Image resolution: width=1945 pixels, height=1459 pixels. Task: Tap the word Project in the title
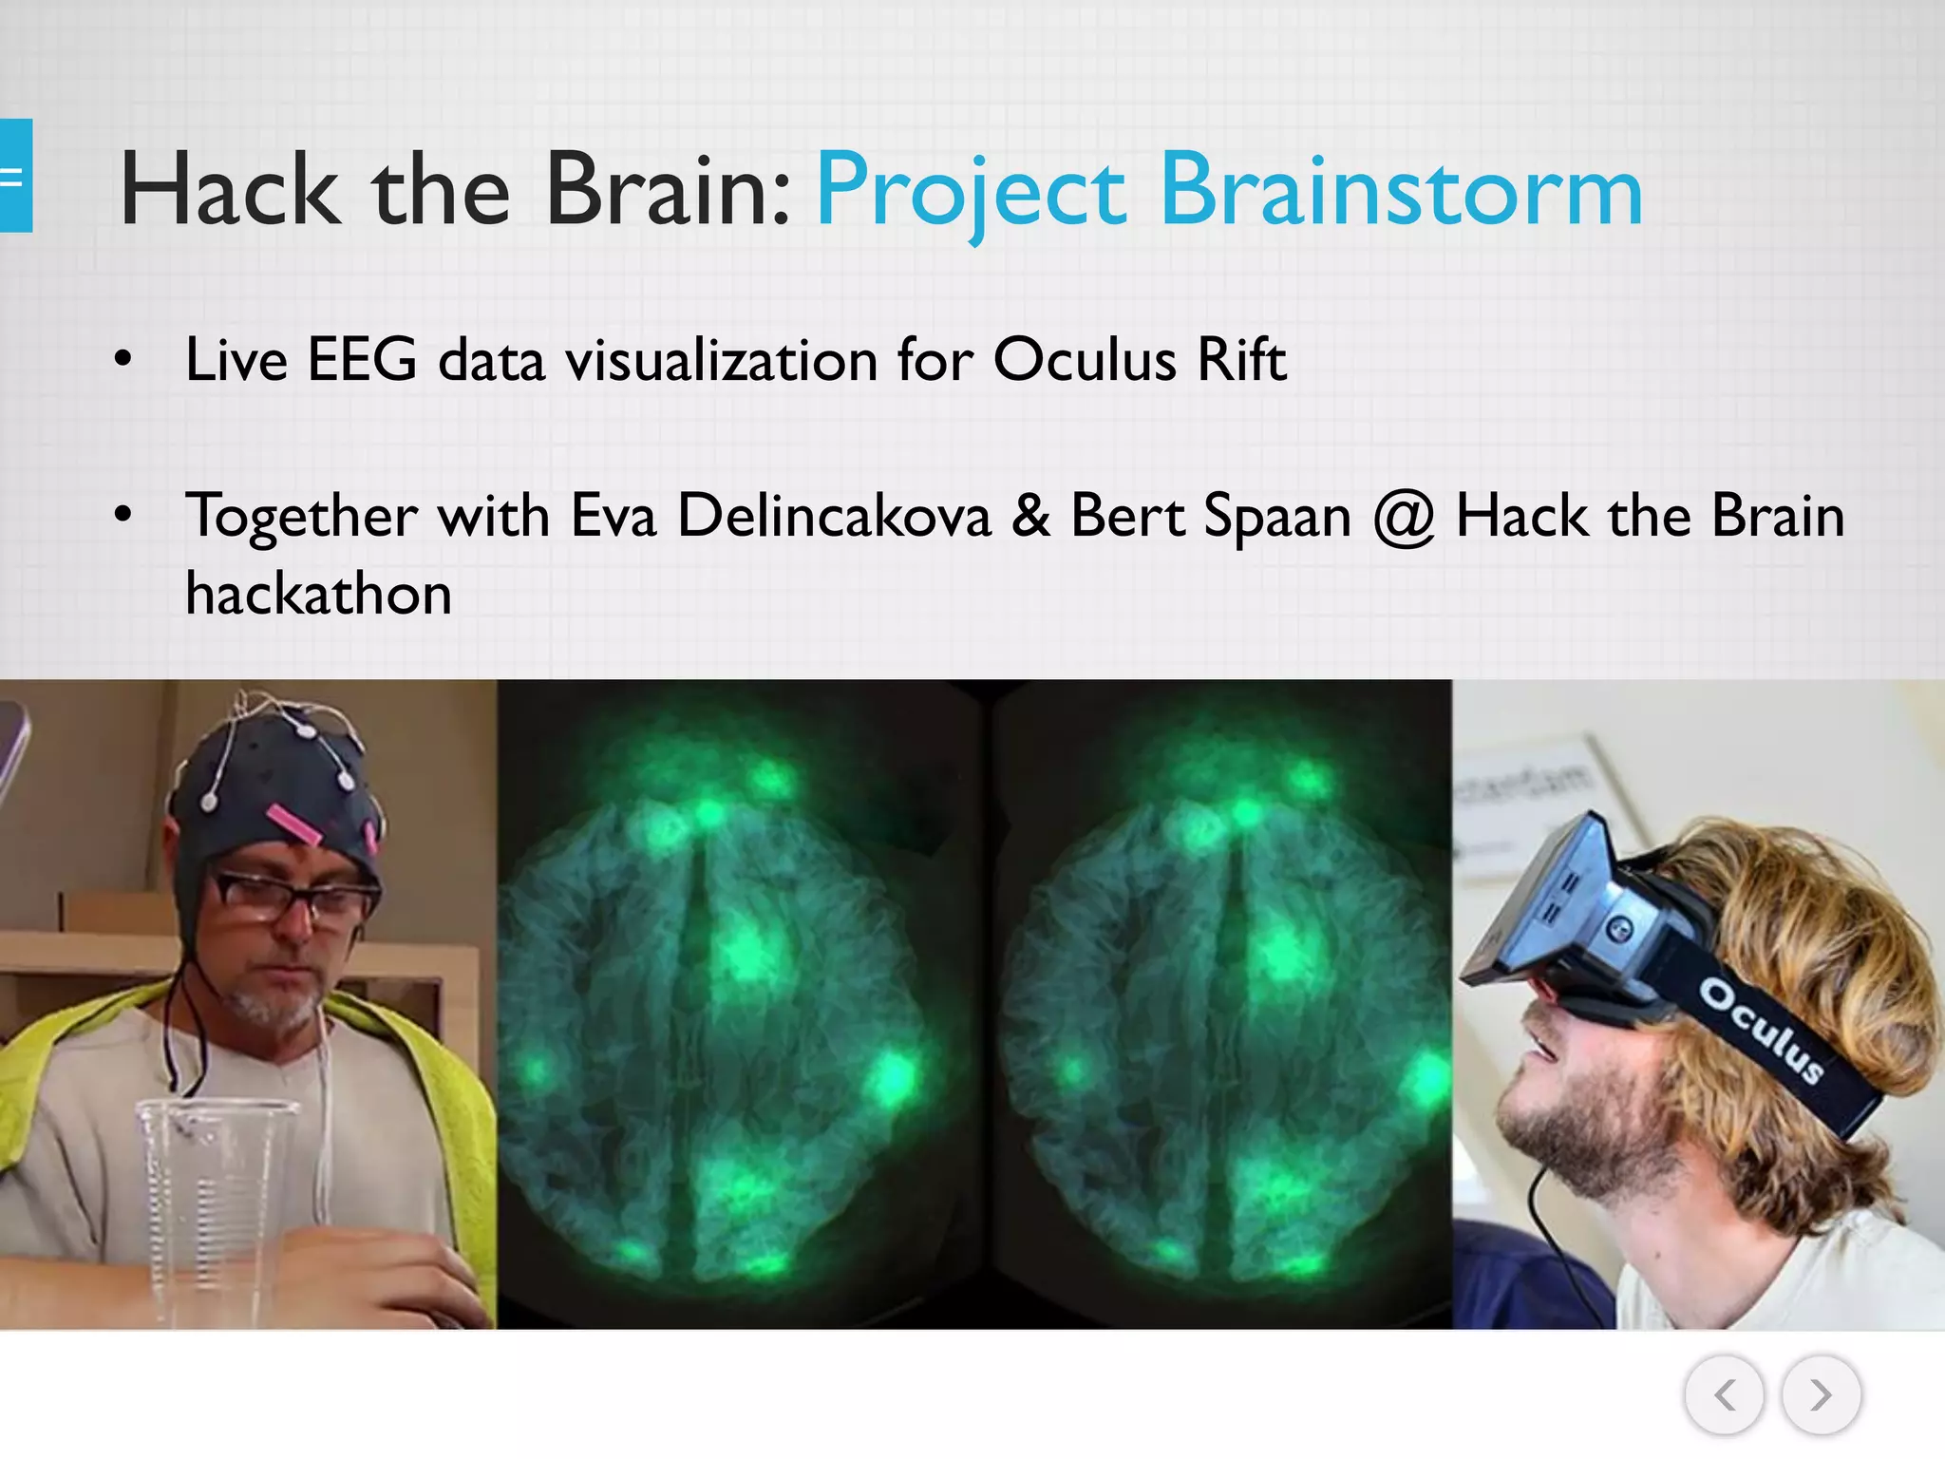(x=971, y=193)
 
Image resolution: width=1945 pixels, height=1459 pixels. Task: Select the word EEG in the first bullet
(x=362, y=360)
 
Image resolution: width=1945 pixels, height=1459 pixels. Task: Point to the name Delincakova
(x=834, y=517)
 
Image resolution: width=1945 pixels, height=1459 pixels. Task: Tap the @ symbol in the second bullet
(x=1404, y=519)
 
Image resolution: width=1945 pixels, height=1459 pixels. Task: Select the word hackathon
(x=318, y=595)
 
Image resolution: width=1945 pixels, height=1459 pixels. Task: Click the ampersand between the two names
(x=1030, y=517)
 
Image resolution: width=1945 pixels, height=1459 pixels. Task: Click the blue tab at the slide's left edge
(x=15, y=176)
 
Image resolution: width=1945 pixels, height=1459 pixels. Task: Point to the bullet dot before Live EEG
(x=123, y=360)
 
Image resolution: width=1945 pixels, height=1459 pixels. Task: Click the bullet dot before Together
(x=123, y=516)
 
